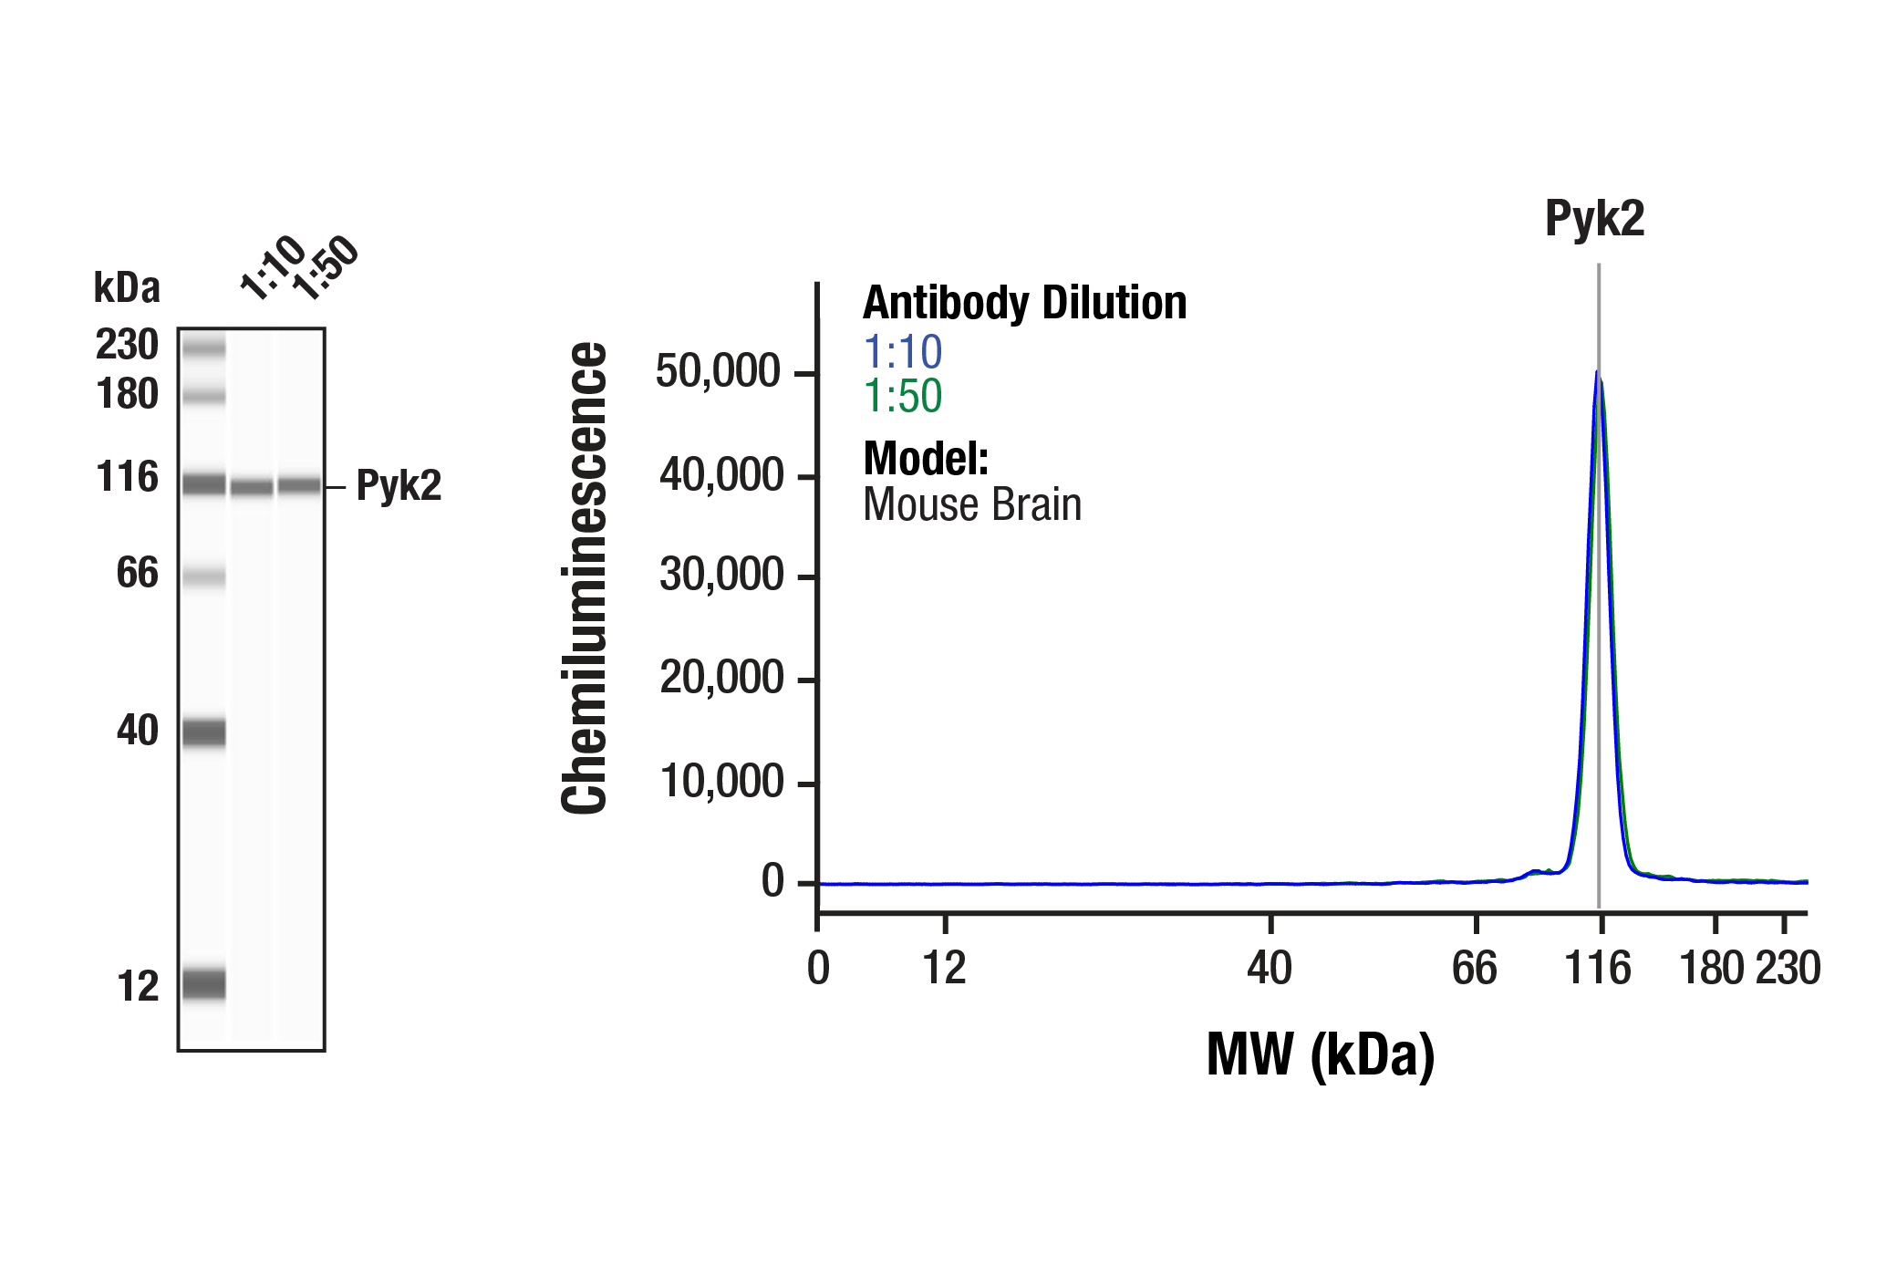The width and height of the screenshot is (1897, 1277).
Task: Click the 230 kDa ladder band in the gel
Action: tap(203, 348)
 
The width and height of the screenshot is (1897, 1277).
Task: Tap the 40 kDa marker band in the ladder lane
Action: tap(203, 732)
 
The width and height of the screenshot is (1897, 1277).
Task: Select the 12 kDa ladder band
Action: tap(203, 984)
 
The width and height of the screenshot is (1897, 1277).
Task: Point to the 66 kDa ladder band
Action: tap(203, 576)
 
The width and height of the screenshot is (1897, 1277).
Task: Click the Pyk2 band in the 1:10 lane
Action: tap(252, 487)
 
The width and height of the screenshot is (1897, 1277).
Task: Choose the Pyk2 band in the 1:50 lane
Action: tap(299, 485)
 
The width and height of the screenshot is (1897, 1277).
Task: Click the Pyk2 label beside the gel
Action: tap(399, 485)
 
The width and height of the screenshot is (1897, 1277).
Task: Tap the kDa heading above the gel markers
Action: tap(127, 287)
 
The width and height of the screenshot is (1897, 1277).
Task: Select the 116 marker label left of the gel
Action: tap(127, 477)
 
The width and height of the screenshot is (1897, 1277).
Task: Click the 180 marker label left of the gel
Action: tap(127, 394)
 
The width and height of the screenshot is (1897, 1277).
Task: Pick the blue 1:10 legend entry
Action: tap(902, 352)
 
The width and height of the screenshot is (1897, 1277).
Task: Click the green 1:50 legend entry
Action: tap(902, 396)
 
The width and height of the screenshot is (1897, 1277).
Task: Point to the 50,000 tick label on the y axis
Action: tap(718, 372)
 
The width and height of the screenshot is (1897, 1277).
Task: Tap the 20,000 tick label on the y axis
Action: tap(720, 678)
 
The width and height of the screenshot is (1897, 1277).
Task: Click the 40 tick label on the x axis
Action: tap(1270, 968)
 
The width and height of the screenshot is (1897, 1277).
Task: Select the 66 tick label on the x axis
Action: tap(1474, 968)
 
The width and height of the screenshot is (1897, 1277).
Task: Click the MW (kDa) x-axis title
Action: tap(1320, 1055)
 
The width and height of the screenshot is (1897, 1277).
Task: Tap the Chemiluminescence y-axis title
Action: tap(585, 577)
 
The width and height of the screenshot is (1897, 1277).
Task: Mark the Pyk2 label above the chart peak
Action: tap(1594, 219)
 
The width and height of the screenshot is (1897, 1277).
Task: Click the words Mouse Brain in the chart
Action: tap(972, 504)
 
